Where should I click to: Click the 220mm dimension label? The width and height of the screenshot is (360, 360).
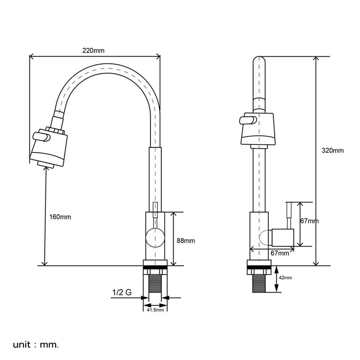93,50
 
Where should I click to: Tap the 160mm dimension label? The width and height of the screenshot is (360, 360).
60,217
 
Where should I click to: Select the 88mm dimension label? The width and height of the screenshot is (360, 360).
186,240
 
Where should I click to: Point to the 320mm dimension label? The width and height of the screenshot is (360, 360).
333,150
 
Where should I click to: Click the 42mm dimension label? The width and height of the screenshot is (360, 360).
285,278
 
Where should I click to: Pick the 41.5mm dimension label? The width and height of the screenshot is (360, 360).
156,310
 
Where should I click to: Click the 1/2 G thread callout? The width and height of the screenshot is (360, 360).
122,292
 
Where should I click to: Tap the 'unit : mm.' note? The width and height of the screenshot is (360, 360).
36,345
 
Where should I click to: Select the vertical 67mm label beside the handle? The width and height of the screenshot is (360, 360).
310,221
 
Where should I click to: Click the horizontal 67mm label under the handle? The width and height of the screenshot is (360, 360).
280,253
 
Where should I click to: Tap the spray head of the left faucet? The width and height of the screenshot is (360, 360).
49,148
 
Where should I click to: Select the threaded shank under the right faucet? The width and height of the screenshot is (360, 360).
259,283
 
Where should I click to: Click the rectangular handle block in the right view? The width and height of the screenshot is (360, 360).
283,237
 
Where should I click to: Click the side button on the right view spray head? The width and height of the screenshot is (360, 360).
248,120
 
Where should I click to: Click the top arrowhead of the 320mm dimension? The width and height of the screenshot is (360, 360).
316,59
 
